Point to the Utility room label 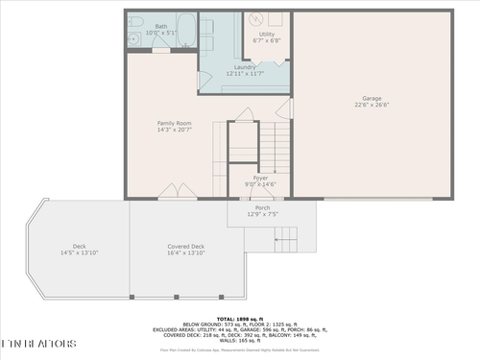266,35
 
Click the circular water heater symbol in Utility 257,20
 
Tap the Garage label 371,98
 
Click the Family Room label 175,123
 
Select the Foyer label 260,178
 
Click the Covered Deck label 185,247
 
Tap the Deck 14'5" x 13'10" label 80,247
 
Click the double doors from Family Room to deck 173,191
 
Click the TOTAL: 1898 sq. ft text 240,318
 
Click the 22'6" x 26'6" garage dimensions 371,105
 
